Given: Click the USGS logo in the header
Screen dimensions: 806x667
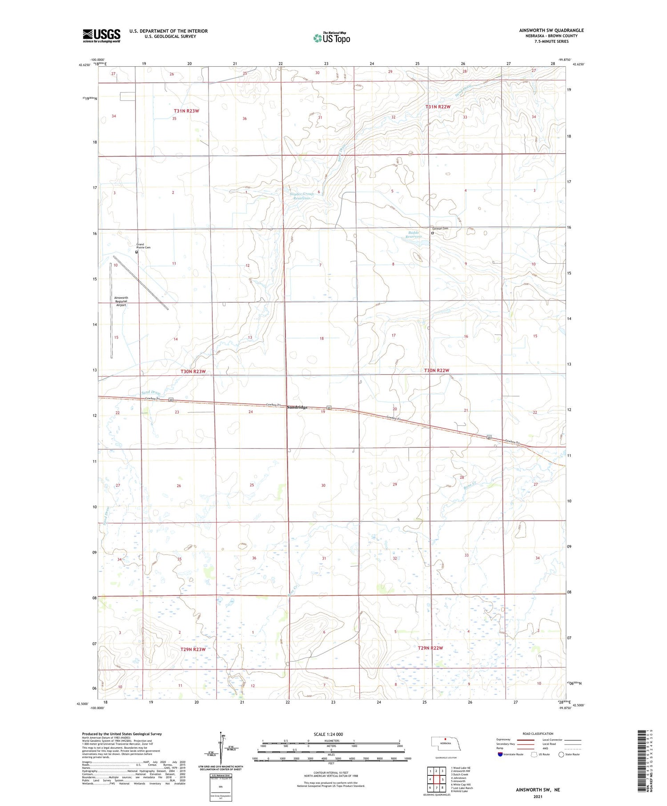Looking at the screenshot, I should (x=101, y=36).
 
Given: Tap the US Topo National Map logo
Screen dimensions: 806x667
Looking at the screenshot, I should (x=331, y=38).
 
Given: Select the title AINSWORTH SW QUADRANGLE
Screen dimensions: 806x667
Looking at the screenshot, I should (x=551, y=30).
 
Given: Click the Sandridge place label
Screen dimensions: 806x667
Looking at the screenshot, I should (x=297, y=407).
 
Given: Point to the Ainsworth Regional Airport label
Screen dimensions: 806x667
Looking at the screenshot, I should (x=121, y=301).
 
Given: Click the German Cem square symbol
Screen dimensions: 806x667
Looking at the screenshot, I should (x=432, y=233).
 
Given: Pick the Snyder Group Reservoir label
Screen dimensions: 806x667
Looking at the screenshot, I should (x=299, y=196).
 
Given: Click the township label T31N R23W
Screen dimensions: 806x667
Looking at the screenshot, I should (x=186, y=111).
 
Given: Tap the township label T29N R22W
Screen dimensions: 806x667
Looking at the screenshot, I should (x=430, y=648).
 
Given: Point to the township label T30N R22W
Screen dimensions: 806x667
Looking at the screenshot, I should (x=436, y=370).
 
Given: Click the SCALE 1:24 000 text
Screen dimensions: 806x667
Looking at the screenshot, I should (x=328, y=734).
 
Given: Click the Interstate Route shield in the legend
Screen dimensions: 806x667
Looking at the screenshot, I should (x=500, y=754).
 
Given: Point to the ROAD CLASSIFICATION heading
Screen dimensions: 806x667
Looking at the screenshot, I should (x=538, y=734).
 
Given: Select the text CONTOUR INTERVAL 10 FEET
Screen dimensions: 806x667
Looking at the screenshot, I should (x=331, y=773).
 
